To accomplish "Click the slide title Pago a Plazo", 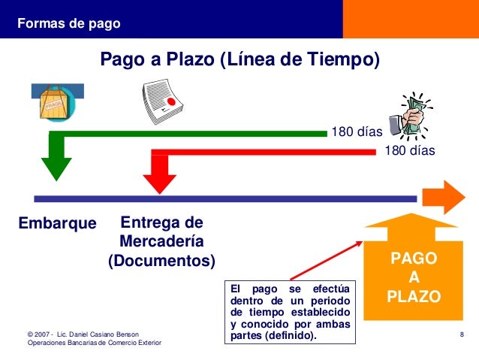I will (240, 59).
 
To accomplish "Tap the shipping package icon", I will (53, 102).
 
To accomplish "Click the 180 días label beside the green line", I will (357, 133).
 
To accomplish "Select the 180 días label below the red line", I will (409, 151).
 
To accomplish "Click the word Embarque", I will (58, 224).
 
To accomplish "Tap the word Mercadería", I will (161, 242).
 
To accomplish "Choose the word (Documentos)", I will (161, 262).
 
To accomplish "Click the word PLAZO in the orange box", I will (414, 296).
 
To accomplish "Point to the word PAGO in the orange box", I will (414, 259).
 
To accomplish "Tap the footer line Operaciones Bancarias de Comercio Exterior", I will (94, 343).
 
